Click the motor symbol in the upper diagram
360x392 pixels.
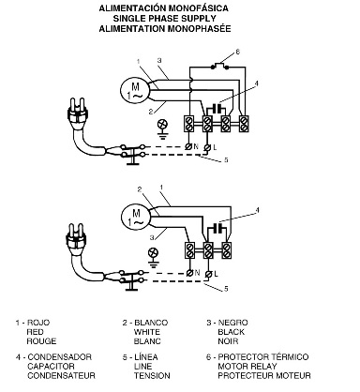click(x=136, y=90)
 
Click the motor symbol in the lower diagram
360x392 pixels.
click(x=136, y=217)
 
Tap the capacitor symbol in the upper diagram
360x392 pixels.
click(x=217, y=109)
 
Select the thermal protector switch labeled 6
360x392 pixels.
click(x=219, y=67)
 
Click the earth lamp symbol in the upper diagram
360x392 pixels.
click(x=162, y=128)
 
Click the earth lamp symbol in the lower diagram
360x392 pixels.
click(x=153, y=257)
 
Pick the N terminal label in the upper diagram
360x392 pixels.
click(x=196, y=146)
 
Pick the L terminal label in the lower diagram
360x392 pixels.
click(x=216, y=274)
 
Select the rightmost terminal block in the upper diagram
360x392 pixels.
click(x=244, y=124)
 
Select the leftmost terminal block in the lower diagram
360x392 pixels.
click(x=189, y=250)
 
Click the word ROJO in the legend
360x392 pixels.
click(x=38, y=323)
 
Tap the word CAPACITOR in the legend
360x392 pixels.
click(x=51, y=367)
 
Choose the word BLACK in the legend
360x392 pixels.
click(x=232, y=332)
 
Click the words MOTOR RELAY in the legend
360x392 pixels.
click(x=247, y=367)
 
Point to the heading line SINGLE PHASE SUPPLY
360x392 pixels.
click(x=165, y=18)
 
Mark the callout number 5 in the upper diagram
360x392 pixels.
click(x=226, y=160)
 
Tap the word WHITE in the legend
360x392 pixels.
click(x=147, y=332)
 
